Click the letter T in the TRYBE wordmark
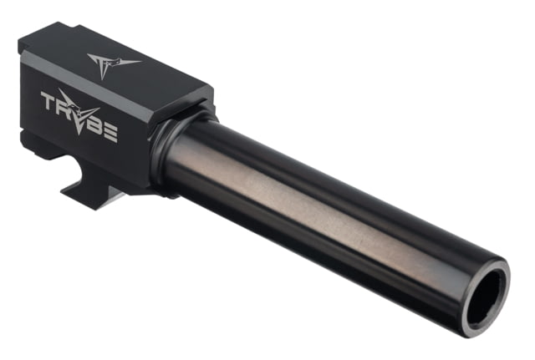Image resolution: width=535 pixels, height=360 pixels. point(47,99)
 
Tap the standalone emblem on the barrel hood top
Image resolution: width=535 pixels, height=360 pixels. point(108,63)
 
